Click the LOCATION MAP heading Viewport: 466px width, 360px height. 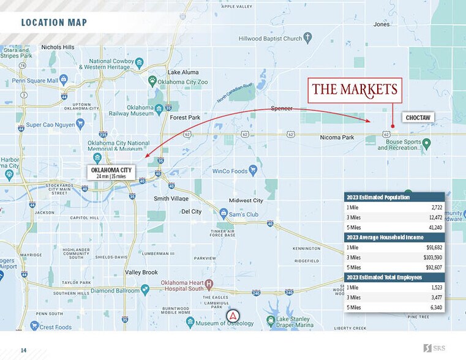[54, 23]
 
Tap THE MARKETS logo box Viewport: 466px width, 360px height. [355, 90]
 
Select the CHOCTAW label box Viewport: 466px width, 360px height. [418, 117]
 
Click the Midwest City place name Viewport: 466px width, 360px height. [246, 200]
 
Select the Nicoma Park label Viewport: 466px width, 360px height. [337, 138]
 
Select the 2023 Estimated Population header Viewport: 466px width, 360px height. [378, 197]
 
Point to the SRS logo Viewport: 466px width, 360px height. [435, 348]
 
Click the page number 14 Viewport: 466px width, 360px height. [24, 350]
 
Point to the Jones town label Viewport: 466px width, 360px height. [381, 24]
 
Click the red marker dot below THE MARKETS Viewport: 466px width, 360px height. [392, 127]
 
